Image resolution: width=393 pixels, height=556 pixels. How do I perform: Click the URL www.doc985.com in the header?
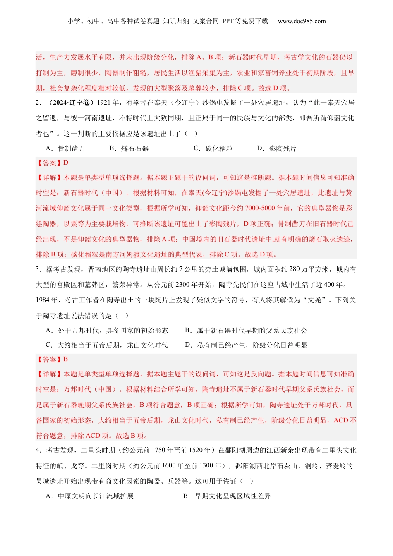coord(302,21)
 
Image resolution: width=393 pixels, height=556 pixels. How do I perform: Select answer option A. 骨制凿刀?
coord(65,149)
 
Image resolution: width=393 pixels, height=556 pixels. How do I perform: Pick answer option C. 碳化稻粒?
coord(213,149)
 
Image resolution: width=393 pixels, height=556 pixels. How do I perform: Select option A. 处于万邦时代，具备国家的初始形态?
coord(107,331)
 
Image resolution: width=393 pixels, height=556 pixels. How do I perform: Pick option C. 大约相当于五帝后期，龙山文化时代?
coord(107,345)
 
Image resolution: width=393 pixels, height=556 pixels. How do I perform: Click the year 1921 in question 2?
coord(104,103)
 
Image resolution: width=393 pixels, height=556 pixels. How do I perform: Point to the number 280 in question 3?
coord(294,269)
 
